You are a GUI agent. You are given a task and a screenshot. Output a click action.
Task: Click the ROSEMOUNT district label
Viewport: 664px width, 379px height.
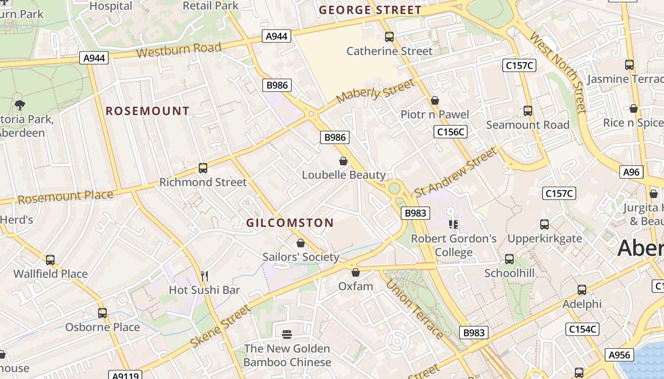[148, 111]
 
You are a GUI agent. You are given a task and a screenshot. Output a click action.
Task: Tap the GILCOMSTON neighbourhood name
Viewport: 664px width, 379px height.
[290, 223]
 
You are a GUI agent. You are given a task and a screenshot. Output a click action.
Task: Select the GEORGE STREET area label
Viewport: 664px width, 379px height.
[370, 10]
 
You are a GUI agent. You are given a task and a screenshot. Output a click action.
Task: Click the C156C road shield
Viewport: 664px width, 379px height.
[451, 132]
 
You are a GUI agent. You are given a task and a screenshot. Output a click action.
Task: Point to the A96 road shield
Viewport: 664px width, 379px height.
[631, 172]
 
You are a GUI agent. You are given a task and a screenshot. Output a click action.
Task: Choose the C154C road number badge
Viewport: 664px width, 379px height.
[582, 329]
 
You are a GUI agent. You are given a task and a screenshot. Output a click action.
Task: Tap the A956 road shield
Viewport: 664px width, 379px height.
[619, 355]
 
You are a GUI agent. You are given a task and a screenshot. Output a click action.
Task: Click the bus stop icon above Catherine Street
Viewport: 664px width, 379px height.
[389, 36]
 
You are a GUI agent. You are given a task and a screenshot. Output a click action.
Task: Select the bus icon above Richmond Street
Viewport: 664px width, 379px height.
[203, 168]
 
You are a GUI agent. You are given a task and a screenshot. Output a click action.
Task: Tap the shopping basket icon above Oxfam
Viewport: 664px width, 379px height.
[356, 272]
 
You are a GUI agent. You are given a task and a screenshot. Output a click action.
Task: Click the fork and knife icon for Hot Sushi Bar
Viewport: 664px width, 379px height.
[204, 276]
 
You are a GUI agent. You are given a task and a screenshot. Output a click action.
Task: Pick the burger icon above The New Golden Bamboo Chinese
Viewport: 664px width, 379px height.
[287, 334]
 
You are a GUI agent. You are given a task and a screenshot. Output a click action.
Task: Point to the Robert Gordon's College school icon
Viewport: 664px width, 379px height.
[453, 225]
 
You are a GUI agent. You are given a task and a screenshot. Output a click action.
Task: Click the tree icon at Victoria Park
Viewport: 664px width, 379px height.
[19, 105]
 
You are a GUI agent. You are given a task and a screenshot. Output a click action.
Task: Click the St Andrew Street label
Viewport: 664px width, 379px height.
[456, 172]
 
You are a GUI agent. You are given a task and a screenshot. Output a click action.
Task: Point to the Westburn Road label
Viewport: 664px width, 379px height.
[179, 49]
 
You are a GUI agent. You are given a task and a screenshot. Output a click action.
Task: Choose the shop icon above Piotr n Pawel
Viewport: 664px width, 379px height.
[435, 100]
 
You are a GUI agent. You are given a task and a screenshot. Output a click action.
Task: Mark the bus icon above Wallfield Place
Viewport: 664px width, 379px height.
[50, 260]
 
